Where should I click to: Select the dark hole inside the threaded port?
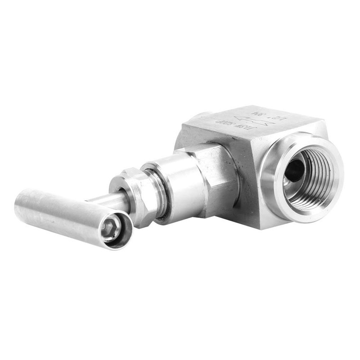295,171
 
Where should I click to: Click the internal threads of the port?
315,180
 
